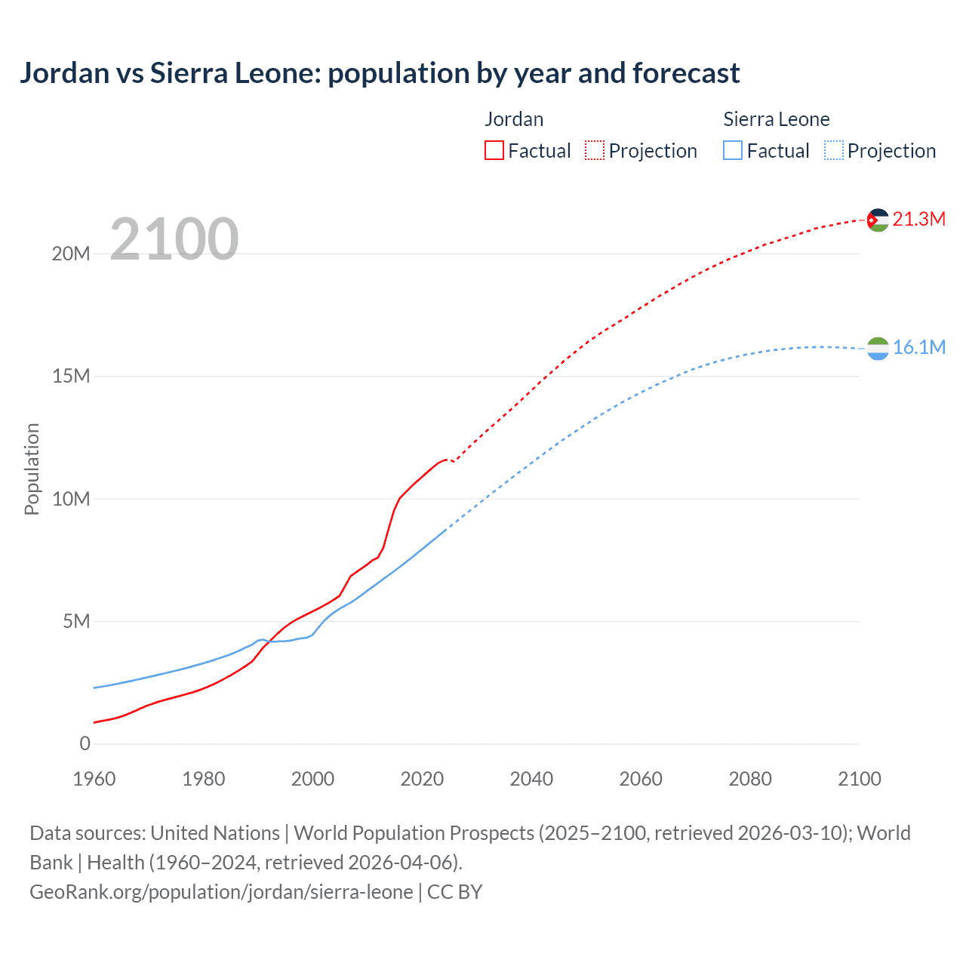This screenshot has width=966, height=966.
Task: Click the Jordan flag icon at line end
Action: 878,220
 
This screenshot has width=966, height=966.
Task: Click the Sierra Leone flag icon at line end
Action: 878,348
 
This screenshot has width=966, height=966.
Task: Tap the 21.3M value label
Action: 918,219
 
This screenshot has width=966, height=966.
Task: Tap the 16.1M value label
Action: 918,347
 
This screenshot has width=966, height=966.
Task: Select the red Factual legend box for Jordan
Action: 494,151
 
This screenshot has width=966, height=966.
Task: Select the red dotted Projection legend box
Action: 595,151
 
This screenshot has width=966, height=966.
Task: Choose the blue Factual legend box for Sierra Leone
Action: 733,151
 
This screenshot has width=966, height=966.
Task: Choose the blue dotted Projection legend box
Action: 833,151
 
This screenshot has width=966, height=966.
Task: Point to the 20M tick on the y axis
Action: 71,254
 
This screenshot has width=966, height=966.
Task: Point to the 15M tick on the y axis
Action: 71,376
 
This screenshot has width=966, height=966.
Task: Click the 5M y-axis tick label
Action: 76,621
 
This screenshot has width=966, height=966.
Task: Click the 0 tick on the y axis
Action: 85,743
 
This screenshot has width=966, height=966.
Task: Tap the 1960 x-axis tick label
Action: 94,779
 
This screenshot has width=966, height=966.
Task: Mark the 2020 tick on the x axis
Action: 422,779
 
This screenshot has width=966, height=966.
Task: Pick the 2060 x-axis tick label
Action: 641,779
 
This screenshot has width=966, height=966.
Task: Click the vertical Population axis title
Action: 32,469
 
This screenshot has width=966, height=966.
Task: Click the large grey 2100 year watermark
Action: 174,239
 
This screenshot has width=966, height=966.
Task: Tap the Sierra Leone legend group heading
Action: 776,119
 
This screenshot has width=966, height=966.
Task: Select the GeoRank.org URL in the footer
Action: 221,891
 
